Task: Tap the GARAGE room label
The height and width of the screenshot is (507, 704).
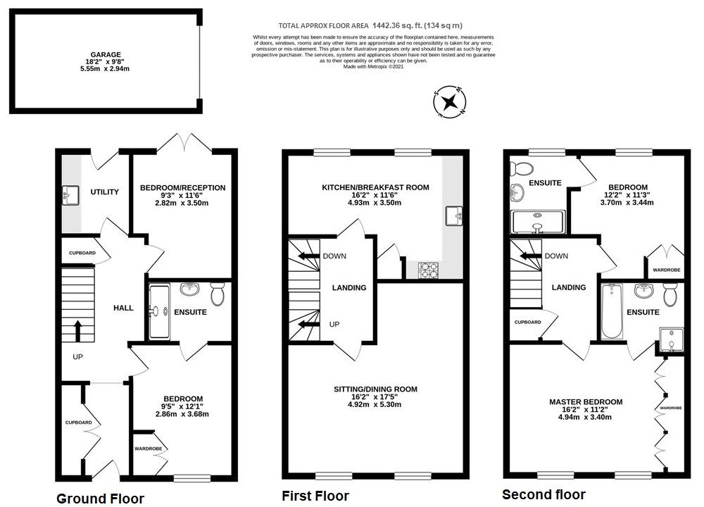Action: [x=105, y=54]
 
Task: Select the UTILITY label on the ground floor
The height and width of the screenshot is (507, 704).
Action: [x=104, y=192]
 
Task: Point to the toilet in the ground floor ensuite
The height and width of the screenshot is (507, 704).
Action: [x=217, y=293]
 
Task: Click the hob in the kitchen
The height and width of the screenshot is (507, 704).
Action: [x=428, y=270]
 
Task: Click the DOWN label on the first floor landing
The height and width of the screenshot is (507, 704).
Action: [x=334, y=256]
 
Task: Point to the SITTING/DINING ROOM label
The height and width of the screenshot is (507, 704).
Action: [x=375, y=389]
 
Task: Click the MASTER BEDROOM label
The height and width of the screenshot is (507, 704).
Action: [x=585, y=402]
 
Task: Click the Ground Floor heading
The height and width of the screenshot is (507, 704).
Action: [x=100, y=499]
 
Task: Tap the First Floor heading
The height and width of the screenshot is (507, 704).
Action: [x=315, y=496]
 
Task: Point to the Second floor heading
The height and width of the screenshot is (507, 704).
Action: [x=543, y=494]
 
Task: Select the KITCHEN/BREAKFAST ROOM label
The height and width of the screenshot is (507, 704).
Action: [x=375, y=187]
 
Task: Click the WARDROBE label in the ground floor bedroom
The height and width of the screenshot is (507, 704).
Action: [x=148, y=449]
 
